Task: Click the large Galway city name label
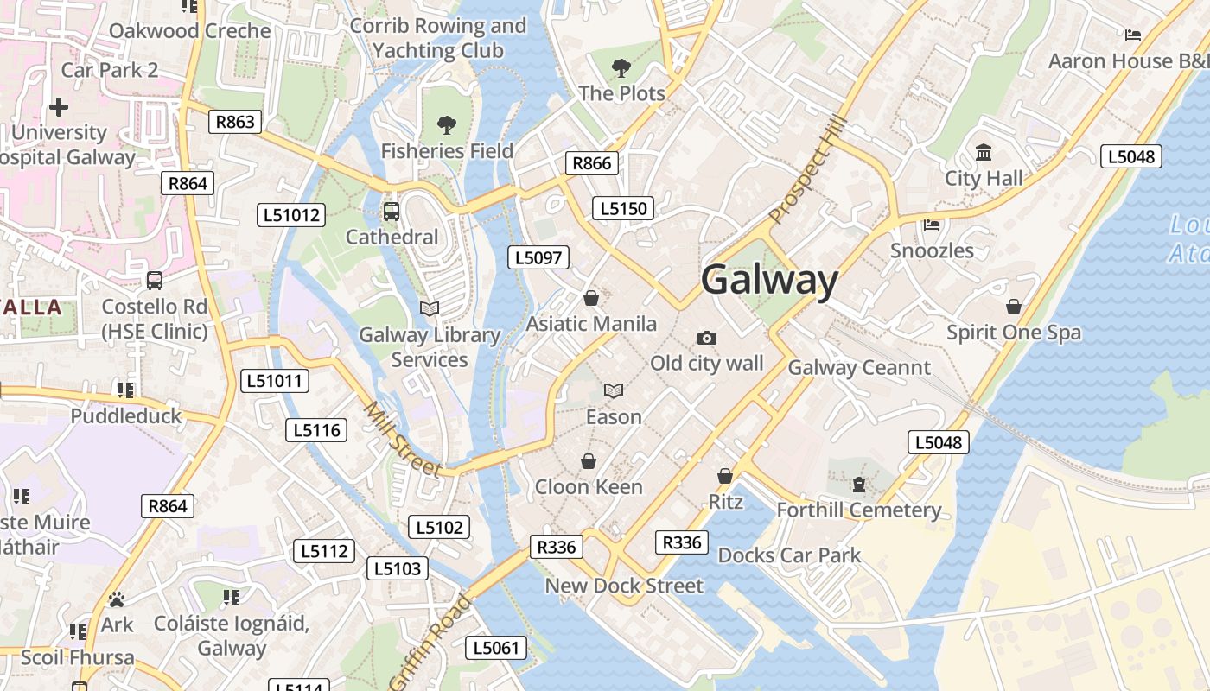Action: click(769, 281)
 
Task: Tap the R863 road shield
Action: click(235, 122)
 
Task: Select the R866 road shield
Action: click(592, 163)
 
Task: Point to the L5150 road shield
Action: click(623, 208)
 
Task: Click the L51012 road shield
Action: click(290, 215)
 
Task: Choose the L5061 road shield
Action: click(496, 648)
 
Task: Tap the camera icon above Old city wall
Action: click(707, 338)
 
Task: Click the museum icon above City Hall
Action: click(984, 153)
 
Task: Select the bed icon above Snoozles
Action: click(932, 225)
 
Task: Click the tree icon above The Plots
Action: click(621, 67)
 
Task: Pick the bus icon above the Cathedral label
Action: click(392, 211)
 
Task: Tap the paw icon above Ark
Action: click(117, 599)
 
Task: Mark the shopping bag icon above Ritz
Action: click(725, 476)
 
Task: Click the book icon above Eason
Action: click(614, 391)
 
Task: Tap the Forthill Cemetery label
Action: click(858, 510)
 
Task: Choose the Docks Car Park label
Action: click(789, 555)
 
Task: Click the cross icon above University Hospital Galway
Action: click(59, 107)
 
